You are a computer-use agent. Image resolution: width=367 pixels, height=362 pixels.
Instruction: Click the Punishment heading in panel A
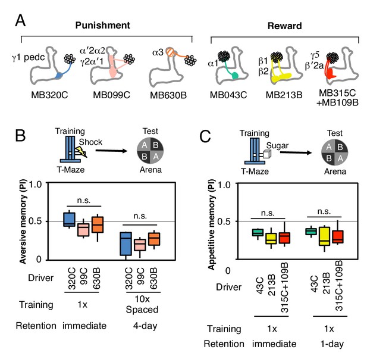[102, 26]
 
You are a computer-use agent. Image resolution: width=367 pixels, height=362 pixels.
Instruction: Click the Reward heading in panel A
[284, 26]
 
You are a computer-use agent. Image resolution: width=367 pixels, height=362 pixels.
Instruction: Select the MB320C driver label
[49, 95]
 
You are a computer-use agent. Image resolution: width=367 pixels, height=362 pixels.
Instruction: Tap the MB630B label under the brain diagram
[168, 95]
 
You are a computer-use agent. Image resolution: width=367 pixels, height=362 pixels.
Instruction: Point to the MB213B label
[284, 95]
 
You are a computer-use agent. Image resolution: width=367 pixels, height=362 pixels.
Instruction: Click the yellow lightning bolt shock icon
[81, 152]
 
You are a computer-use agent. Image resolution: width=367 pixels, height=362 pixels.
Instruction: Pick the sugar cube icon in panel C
[267, 154]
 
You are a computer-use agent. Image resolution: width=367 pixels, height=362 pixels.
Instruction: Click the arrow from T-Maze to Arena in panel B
[111, 151]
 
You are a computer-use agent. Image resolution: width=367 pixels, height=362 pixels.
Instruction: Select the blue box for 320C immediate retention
[69, 220]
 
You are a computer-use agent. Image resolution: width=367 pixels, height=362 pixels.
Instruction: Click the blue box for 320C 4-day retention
[126, 244]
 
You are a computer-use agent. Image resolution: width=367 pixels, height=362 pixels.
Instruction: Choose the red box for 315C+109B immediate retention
[284, 238]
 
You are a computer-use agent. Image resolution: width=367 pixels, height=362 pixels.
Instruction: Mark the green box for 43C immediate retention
[258, 232]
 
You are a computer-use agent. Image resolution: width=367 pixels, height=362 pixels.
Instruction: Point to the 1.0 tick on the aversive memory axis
[35, 185]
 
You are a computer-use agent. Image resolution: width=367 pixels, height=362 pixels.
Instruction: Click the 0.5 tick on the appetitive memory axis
[224, 221]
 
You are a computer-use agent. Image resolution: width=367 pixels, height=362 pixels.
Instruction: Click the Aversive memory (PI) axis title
[23, 221]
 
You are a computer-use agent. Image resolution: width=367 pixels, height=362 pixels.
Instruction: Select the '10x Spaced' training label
[142, 304]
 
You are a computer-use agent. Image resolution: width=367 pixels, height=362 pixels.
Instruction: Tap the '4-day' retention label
[145, 326]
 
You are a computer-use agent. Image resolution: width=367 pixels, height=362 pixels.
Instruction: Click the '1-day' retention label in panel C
[332, 344]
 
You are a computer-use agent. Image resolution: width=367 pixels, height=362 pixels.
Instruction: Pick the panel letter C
[205, 136]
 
